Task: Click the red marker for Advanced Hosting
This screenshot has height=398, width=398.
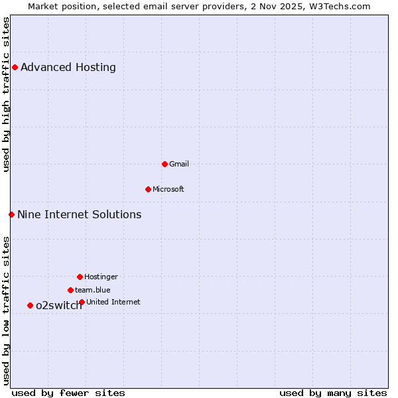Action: point(15,67)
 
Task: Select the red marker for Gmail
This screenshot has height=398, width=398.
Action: point(165,164)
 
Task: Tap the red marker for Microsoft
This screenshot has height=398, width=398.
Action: point(148,189)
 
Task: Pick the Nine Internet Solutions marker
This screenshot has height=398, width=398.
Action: point(11,214)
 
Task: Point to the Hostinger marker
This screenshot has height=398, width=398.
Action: point(80,277)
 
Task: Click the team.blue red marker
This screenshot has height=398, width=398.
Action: point(70,290)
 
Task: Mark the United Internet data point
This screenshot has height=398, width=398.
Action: point(82,302)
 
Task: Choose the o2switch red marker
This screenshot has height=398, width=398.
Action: point(30,305)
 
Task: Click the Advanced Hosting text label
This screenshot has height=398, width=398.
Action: point(68,67)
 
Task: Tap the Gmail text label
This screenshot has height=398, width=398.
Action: point(179,164)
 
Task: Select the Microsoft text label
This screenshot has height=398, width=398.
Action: point(168,189)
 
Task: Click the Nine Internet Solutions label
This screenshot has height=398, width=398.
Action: point(80,214)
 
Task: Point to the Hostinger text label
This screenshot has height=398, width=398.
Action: point(101,277)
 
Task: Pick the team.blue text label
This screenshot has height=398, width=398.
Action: point(93,290)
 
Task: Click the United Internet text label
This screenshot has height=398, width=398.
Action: point(113,302)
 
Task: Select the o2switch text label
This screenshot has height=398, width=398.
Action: point(58,306)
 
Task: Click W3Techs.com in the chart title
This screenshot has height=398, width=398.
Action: point(338,7)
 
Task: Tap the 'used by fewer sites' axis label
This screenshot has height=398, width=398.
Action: point(68,393)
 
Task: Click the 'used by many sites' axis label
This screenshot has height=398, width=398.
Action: point(333,393)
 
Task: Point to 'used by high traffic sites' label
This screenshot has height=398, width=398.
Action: point(7,95)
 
